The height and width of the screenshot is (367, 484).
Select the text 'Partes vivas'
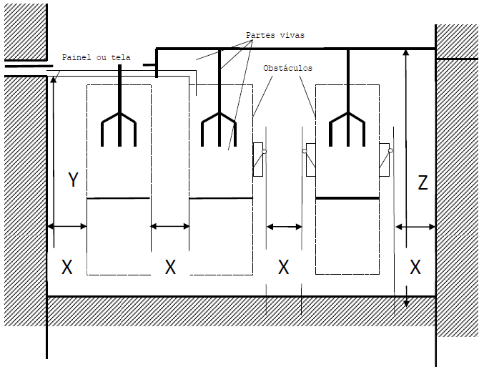pyautogui.click(x=275, y=34)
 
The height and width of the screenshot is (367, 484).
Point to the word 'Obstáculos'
pyautogui.click(x=289, y=68)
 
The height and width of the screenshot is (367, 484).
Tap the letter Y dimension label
pyautogui.click(x=72, y=180)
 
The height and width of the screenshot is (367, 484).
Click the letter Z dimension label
pyautogui.click(x=423, y=183)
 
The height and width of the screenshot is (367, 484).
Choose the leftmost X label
pyautogui.click(x=67, y=268)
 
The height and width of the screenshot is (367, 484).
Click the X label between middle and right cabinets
pyautogui.click(x=284, y=268)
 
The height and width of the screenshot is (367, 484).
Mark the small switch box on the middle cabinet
pyautogui.click(x=259, y=158)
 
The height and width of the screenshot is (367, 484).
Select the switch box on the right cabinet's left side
pyautogui.click(x=310, y=158)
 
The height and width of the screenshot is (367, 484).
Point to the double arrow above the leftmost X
pyautogui.click(x=67, y=226)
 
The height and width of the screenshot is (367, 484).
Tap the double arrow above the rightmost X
pyautogui.click(x=415, y=227)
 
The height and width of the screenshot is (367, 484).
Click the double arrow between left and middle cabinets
pyautogui.click(x=170, y=226)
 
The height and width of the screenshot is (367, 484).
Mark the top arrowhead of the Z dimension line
pyautogui.click(x=405, y=52)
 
